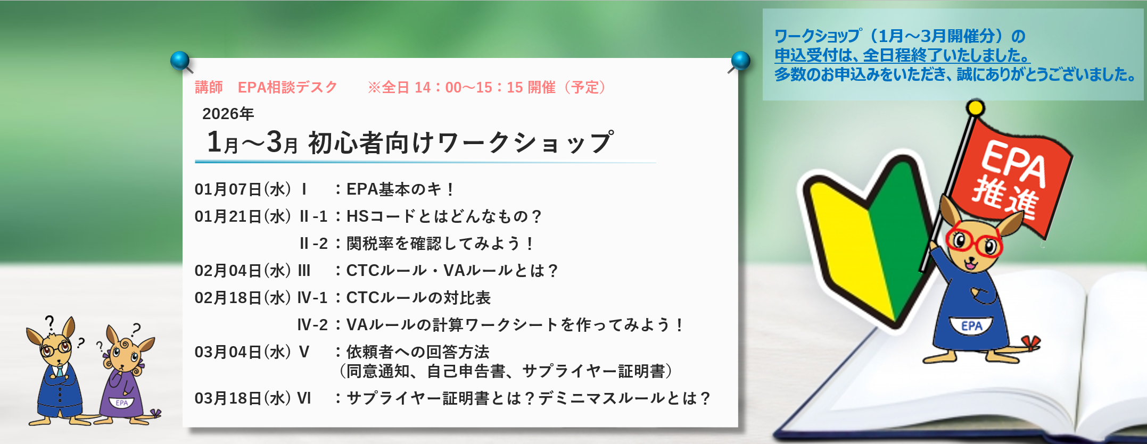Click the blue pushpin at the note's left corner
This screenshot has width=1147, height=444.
point(181,61)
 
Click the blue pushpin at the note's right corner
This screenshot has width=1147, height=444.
point(740,61)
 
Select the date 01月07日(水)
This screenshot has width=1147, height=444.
point(243,189)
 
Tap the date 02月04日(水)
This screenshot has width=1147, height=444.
point(243,271)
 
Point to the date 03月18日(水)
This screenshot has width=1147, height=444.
point(243,398)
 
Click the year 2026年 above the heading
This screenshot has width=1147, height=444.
point(228,114)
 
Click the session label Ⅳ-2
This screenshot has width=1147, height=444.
point(312,325)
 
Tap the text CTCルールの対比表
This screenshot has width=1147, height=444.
point(418,298)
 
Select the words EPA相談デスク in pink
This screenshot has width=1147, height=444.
point(287,87)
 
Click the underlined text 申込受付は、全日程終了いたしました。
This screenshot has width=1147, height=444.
point(902,55)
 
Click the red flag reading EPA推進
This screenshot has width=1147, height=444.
point(1009,178)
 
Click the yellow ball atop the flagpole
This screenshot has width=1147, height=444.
point(975,108)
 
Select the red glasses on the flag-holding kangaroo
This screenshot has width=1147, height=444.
point(974,242)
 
